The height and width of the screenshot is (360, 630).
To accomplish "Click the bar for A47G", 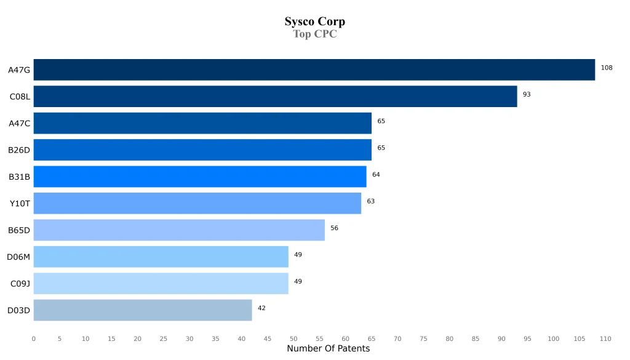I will click(314, 70).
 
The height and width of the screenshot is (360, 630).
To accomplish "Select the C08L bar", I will click(275, 96).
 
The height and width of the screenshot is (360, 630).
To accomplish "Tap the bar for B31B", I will click(199, 177).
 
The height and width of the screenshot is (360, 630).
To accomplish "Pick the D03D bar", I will click(143, 310).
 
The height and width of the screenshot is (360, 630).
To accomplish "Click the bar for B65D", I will click(179, 230).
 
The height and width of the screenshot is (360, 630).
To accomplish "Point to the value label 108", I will click(607, 68).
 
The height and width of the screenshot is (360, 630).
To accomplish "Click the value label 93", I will click(527, 94).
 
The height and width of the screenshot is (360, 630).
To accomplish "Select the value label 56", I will click(334, 228).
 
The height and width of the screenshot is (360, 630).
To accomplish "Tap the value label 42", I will click(261, 308).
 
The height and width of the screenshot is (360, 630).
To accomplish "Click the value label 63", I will click(370, 201).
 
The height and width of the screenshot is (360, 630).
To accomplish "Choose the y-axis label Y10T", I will click(20, 204).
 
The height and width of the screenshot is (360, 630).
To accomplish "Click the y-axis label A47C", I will click(19, 123).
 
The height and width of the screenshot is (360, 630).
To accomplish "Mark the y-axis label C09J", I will click(20, 284).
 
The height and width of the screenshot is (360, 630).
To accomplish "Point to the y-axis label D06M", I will click(18, 257).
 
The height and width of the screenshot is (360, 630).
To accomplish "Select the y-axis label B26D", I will click(19, 150).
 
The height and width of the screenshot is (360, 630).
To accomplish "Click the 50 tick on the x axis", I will click(293, 339).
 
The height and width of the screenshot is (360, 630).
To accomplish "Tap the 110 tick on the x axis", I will click(605, 339).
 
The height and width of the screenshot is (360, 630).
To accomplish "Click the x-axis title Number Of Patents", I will click(328, 349).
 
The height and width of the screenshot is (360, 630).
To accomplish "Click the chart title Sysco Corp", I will click(314, 22).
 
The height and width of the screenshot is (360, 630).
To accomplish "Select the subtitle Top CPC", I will click(314, 34).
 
